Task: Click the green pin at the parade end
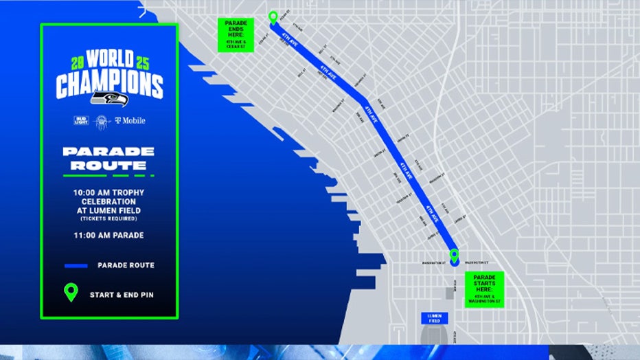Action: [x=273, y=17]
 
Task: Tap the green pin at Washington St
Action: [x=454, y=256]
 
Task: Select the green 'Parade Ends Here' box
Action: [x=236, y=35]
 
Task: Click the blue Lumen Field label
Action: [x=434, y=319]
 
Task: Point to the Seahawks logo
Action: [x=109, y=98]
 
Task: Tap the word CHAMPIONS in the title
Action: [x=109, y=85]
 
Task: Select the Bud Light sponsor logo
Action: [x=81, y=120]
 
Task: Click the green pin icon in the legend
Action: [x=71, y=293]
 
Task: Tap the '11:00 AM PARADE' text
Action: [x=109, y=235]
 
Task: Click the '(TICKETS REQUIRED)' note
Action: [x=109, y=218]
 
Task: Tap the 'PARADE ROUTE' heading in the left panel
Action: [x=108, y=158]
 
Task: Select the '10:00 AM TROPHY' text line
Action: [x=109, y=192]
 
